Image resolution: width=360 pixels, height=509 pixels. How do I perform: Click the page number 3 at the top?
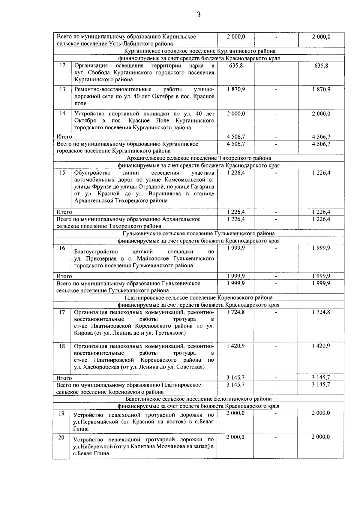199,14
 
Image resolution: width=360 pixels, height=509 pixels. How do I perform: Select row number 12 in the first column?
62,65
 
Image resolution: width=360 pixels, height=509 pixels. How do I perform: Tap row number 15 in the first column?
62,173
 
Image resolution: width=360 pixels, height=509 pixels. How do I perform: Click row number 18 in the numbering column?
62,346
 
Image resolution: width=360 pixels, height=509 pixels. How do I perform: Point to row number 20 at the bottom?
61,438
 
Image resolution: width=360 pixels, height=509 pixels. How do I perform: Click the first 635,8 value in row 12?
236,65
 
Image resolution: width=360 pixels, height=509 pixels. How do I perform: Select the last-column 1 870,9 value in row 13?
321,89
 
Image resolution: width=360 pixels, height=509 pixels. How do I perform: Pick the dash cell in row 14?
276,114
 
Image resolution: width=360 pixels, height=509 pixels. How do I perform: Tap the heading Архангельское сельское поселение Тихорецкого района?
199,158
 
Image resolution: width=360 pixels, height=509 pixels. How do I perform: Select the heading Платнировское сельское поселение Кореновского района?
199,298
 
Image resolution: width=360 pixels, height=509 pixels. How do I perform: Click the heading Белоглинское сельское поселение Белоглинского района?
199,399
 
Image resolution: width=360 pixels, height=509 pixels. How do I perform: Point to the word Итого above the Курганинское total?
64,137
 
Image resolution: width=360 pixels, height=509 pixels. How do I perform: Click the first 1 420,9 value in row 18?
236,346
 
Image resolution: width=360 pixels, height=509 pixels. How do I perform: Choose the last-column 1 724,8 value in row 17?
321,312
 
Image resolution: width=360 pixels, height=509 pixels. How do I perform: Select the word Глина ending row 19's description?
81,429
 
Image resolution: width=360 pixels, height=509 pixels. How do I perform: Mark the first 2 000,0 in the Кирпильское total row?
236,37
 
